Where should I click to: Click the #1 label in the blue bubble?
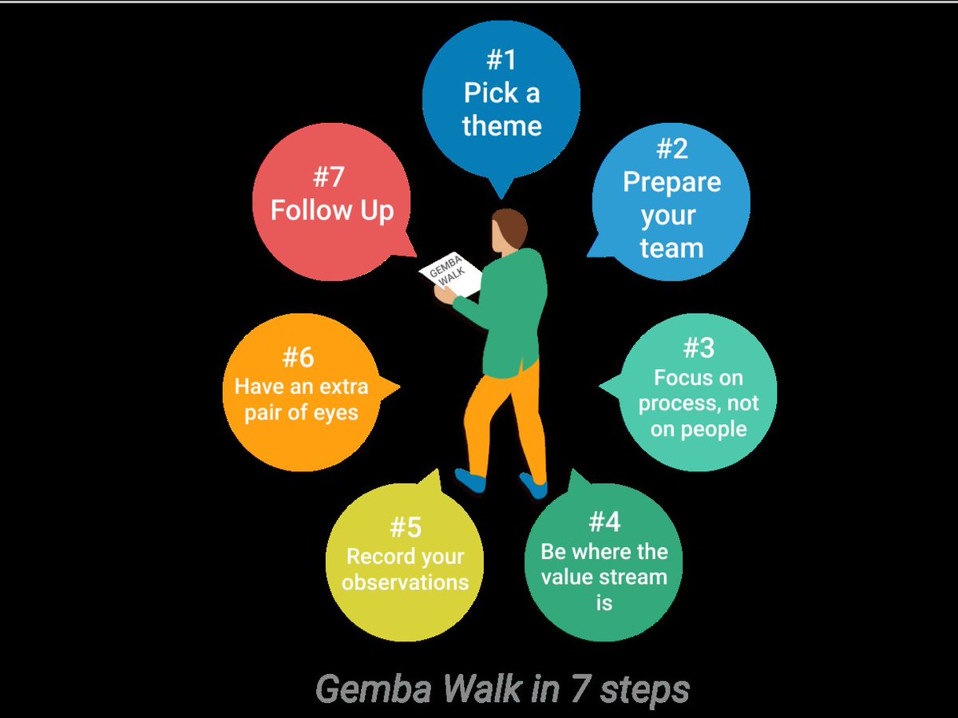[x=501, y=61]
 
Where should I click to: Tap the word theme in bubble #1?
[x=501, y=125]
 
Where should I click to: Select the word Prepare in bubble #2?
[x=671, y=182]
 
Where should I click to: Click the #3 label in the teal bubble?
[x=699, y=348]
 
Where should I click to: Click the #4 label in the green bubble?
[x=604, y=522]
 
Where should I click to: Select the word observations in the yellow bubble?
[x=406, y=582]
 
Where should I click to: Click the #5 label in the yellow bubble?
[x=406, y=528]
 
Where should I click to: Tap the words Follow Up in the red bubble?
[x=332, y=210]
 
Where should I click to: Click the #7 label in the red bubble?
[x=329, y=176]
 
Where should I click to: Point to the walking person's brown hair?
[x=511, y=226]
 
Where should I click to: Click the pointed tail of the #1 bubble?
[x=501, y=192]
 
